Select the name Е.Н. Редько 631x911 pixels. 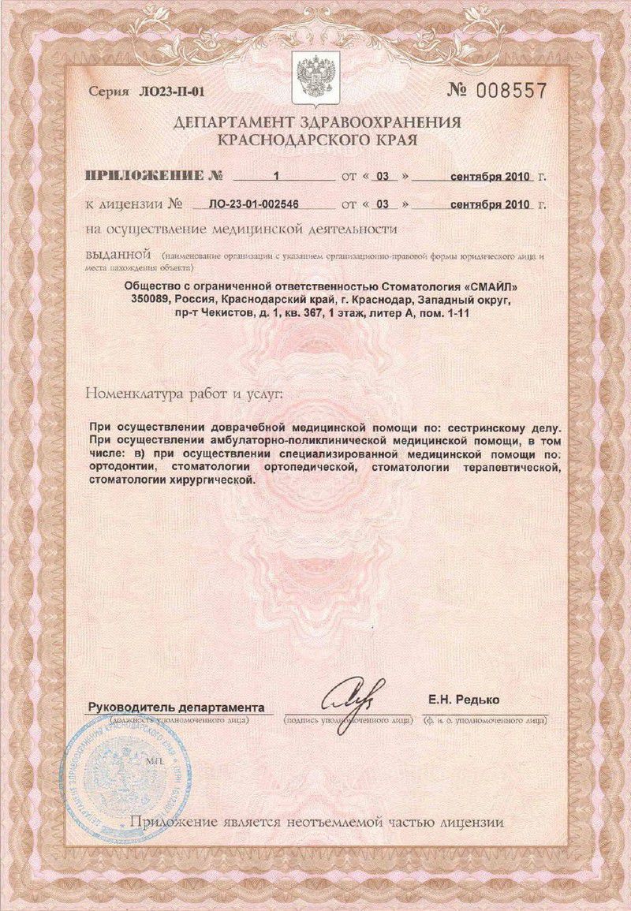(x=465, y=700)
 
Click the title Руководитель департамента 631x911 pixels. (x=176, y=706)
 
